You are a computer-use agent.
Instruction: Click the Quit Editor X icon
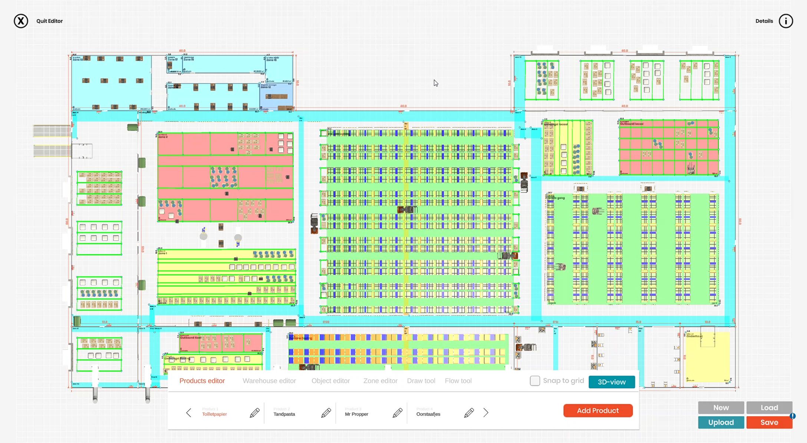pyautogui.click(x=21, y=21)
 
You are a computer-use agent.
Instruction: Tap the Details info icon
pyautogui.click(x=785, y=21)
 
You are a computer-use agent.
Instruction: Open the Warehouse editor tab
pyautogui.click(x=269, y=381)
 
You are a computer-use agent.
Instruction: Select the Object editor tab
pyautogui.click(x=330, y=381)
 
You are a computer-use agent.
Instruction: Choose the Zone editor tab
pyautogui.click(x=380, y=381)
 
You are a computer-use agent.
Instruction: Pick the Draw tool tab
pyautogui.click(x=421, y=381)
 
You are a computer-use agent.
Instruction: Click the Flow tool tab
pyautogui.click(x=458, y=381)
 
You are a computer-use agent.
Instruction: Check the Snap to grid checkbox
pyautogui.click(x=535, y=381)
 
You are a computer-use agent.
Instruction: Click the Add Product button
pyautogui.click(x=598, y=410)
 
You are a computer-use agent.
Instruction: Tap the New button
pyautogui.click(x=721, y=407)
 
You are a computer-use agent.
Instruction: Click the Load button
pyautogui.click(x=769, y=407)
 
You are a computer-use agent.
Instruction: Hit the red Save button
pyautogui.click(x=769, y=422)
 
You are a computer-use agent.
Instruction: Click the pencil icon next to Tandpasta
pyautogui.click(x=326, y=413)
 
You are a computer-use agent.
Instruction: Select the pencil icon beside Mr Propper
pyautogui.click(x=397, y=413)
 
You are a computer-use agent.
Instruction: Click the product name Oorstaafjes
pyautogui.click(x=428, y=414)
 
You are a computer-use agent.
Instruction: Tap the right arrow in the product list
pyautogui.click(x=486, y=413)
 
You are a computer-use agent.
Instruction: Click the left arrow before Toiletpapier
pyautogui.click(x=189, y=413)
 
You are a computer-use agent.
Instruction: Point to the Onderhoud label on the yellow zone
pyautogui.click(x=694, y=336)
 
